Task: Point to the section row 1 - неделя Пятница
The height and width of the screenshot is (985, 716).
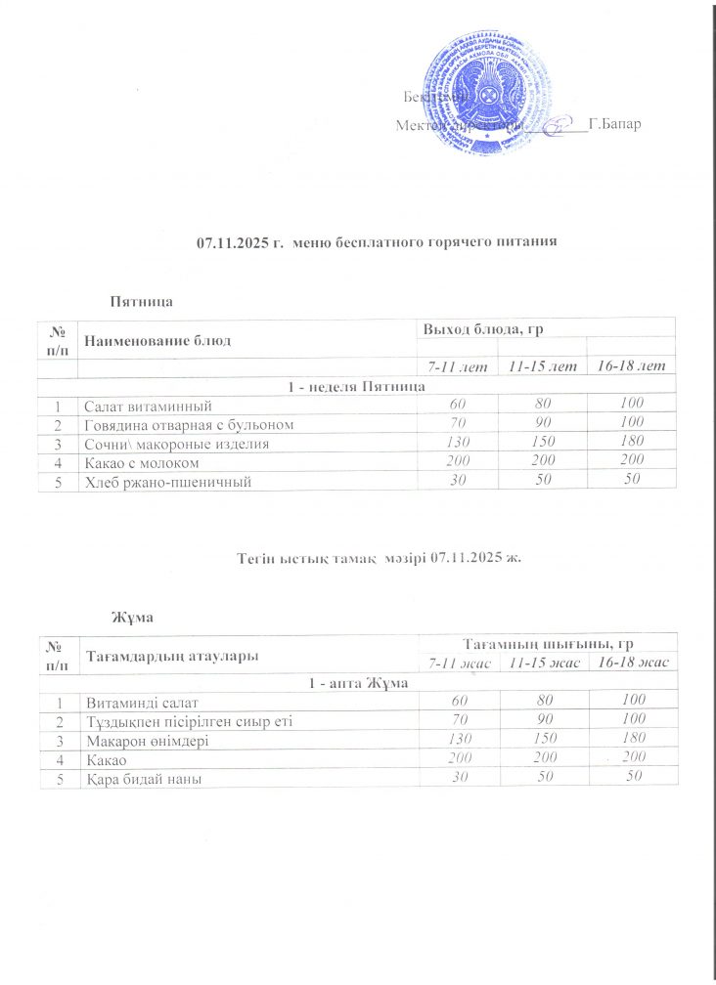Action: (356, 387)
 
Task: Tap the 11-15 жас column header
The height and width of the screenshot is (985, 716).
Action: (541, 664)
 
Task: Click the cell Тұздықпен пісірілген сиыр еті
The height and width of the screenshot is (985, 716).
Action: (189, 721)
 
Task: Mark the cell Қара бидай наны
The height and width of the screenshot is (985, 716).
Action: (146, 778)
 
